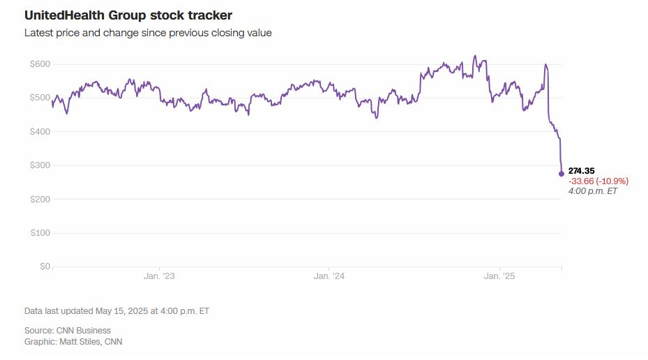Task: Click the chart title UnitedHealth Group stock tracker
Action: coord(128,15)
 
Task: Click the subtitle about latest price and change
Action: coord(148,33)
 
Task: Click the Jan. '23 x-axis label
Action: coord(159,277)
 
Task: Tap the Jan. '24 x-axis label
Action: coord(329,277)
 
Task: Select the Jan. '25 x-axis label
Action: coord(499,277)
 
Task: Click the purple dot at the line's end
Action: coord(562,174)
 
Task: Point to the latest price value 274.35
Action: coord(582,171)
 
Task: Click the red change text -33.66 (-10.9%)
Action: coord(598,181)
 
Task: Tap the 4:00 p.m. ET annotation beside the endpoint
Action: coord(593,190)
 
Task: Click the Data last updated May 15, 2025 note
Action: coord(116,311)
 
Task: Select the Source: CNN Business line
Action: coord(68,330)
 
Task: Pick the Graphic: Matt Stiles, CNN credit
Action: coord(73,341)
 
